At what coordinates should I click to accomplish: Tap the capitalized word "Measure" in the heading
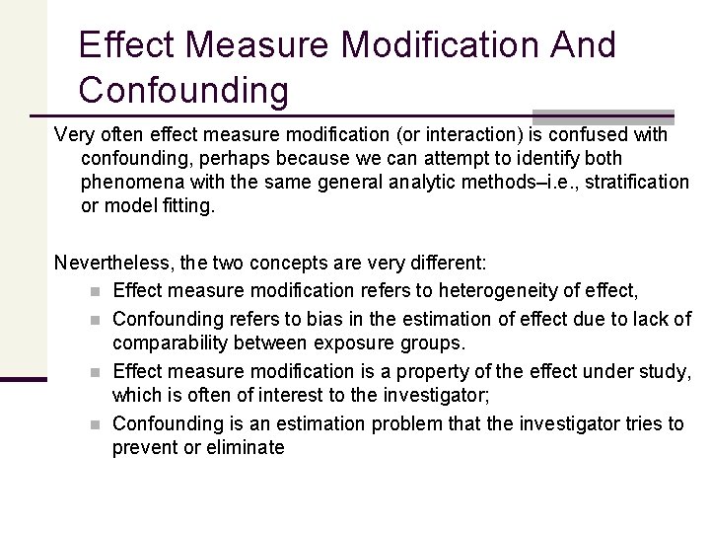(x=261, y=44)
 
